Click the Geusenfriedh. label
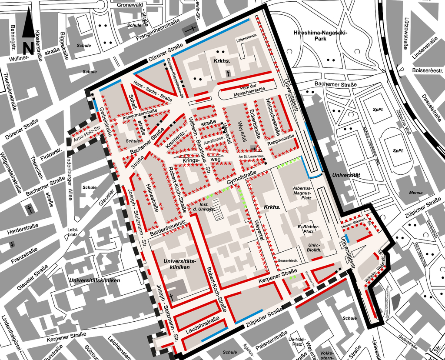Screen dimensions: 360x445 [287, 260]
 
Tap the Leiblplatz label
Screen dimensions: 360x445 [72, 232]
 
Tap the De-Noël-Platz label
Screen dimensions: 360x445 [297, 341]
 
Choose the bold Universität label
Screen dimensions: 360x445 [346, 175]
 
